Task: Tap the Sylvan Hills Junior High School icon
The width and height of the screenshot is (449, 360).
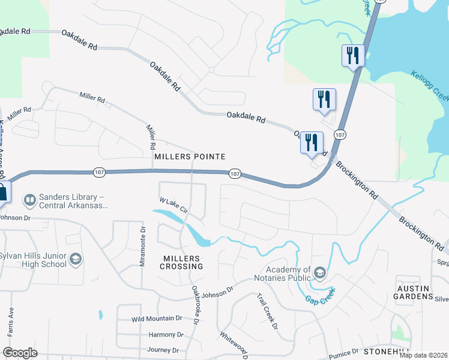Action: tap(76, 259)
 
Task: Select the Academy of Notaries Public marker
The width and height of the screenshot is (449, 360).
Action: tap(320, 274)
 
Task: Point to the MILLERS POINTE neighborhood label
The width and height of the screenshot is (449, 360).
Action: tap(190, 157)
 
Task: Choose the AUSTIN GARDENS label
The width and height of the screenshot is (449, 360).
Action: tap(414, 292)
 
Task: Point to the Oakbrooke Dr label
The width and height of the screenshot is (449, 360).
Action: tap(196, 304)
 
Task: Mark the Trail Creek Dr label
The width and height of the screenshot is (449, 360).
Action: tap(267, 311)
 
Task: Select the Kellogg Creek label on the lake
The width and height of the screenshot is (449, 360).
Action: tap(430, 87)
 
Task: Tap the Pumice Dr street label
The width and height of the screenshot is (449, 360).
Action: tap(341, 350)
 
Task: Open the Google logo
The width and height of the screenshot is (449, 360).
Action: tap(20, 353)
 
